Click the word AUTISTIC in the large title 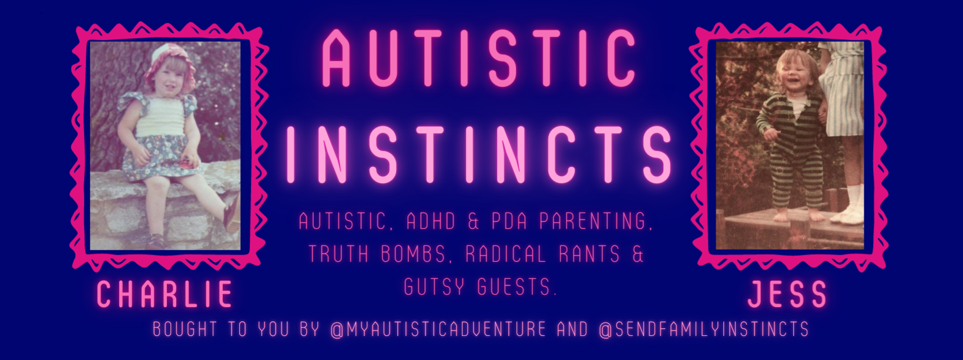pyautogui.click(x=478, y=58)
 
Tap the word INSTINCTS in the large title pyautogui.click(x=478, y=154)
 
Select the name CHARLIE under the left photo pyautogui.click(x=165, y=294)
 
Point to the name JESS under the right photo pyautogui.click(x=787, y=294)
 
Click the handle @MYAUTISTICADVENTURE pyautogui.click(x=438, y=329)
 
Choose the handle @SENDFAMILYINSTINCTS pyautogui.click(x=704, y=329)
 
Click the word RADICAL pyautogui.click(x=506, y=254)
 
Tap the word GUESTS pyautogui.click(x=516, y=287)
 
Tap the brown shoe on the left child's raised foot pyautogui.click(x=231, y=214)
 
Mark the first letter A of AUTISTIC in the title pyautogui.click(x=335, y=58)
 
